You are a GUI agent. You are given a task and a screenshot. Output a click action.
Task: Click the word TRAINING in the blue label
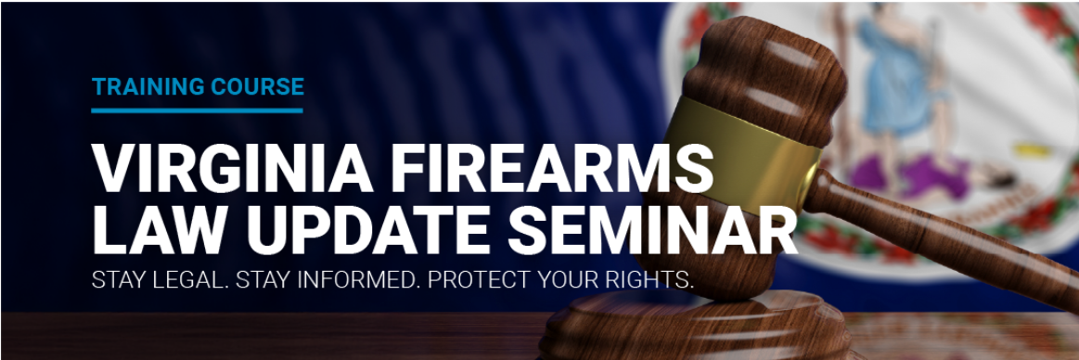(x=135, y=87)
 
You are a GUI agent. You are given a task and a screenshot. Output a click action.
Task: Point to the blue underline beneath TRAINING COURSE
(x=197, y=109)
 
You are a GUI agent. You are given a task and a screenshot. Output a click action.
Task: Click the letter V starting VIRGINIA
(x=111, y=170)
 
